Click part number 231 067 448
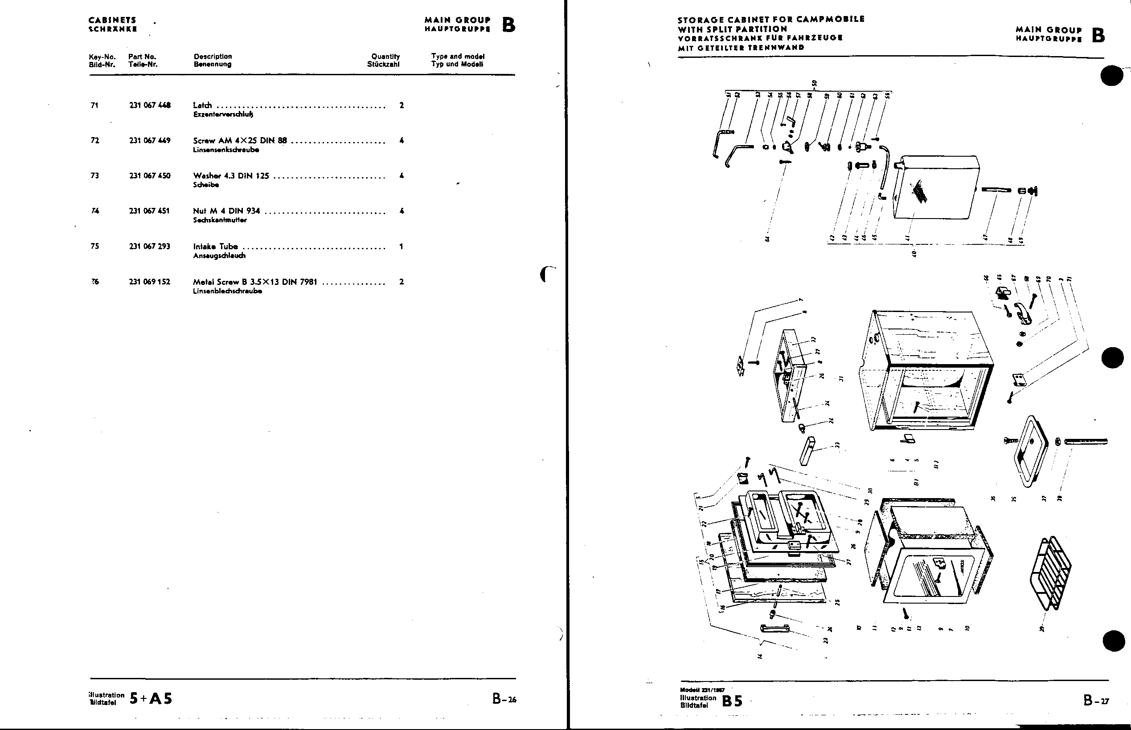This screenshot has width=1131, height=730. (x=149, y=105)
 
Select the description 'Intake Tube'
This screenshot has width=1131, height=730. (x=215, y=247)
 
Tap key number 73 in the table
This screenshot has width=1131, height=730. (x=94, y=176)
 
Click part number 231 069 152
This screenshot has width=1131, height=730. (x=149, y=282)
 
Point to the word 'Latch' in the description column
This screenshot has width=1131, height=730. (x=203, y=105)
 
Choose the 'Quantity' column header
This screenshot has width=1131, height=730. (x=385, y=57)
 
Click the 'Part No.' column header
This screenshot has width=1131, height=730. (x=142, y=57)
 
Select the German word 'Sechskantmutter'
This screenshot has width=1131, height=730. (x=220, y=220)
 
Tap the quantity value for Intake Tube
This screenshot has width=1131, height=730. (x=401, y=247)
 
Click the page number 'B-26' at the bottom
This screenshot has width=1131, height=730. (x=504, y=699)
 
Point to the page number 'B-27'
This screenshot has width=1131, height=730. (x=1096, y=700)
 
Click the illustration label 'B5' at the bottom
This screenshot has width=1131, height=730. (x=732, y=701)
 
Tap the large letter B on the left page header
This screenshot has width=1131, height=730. (x=508, y=24)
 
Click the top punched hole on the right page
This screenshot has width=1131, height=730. (x=1111, y=75)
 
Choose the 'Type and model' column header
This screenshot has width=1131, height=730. (x=457, y=57)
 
